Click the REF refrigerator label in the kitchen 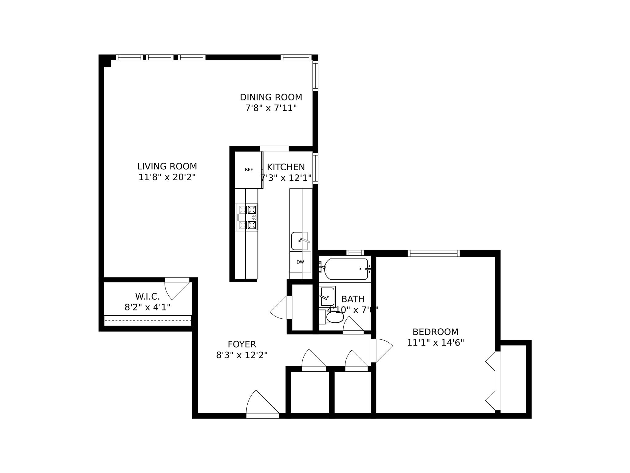pos(249,170)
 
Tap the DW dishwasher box pos(300,262)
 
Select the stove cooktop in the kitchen pos(247,217)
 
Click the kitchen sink pos(300,241)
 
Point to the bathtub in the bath pos(346,269)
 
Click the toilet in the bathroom pos(334,317)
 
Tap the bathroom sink pos(327,296)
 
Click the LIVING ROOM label pos(167,167)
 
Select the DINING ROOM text pos(271,97)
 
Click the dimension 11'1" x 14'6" pos(435,343)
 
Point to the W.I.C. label pos(147,297)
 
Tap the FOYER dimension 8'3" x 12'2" pos(242,355)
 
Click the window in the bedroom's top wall pos(434,253)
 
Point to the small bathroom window pos(355,253)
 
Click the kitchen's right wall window pos(315,168)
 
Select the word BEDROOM pos(435,332)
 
